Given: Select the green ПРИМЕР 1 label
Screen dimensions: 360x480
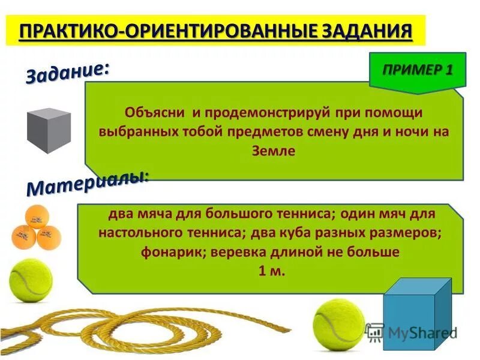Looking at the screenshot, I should [x=418, y=70].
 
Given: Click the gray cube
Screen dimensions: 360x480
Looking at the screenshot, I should [x=49, y=130].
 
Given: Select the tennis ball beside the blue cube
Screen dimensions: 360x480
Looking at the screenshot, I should [x=338, y=323].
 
